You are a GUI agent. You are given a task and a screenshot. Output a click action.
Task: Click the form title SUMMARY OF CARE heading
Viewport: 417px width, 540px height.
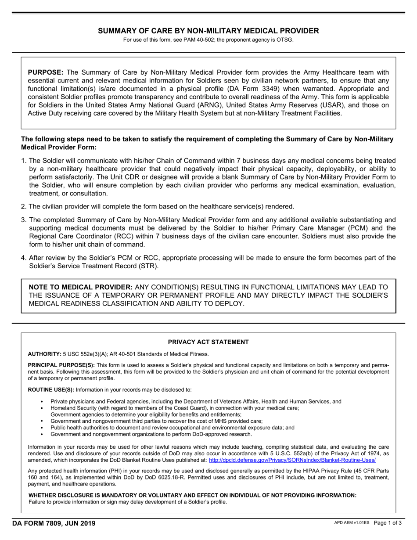pos(208,31)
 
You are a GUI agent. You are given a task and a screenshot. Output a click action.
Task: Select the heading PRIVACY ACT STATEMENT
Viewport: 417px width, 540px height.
pos(208,342)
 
